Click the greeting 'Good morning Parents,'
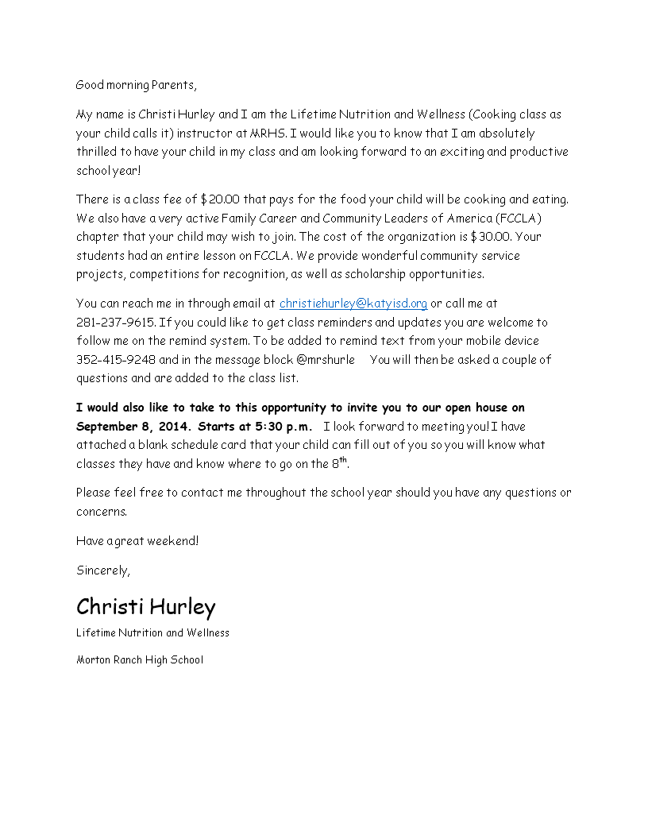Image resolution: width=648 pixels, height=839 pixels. pyautogui.click(x=136, y=85)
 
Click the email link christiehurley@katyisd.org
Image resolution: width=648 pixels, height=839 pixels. pyautogui.click(x=353, y=304)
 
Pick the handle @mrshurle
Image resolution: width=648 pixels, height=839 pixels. pyautogui.click(x=326, y=360)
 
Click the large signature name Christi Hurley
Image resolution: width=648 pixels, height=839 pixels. pyautogui.click(x=145, y=608)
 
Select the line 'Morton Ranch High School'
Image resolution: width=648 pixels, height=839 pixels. pyautogui.click(x=140, y=659)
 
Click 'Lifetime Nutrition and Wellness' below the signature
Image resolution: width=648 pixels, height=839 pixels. pyautogui.click(x=152, y=633)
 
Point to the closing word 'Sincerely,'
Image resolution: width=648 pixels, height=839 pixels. pyautogui.click(x=103, y=570)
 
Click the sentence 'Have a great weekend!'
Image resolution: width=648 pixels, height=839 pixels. pyautogui.click(x=137, y=541)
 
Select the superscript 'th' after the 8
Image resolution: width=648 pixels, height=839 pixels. pyautogui.click(x=344, y=460)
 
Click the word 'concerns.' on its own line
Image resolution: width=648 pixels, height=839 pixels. pyautogui.click(x=102, y=512)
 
